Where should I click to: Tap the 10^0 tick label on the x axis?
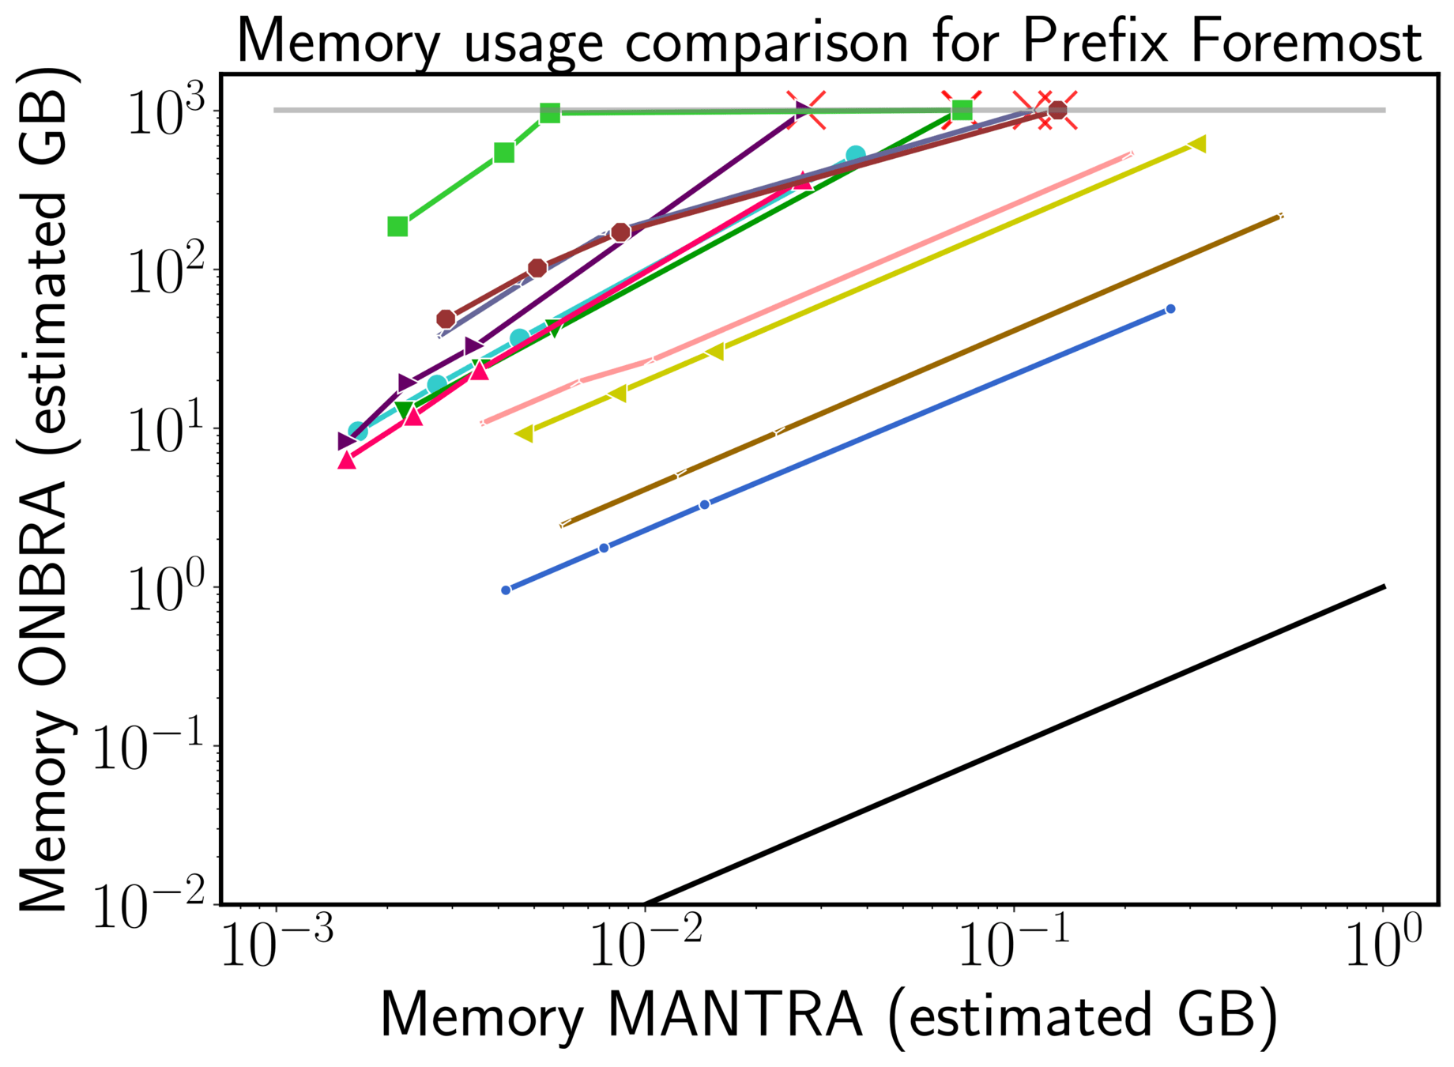1383,945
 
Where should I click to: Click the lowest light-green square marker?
397,227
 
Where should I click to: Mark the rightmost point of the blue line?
1170,309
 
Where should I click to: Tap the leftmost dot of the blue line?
506,590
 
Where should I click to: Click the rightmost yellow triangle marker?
1197,144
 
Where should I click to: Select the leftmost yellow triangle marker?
524,434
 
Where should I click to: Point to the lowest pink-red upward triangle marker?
346,460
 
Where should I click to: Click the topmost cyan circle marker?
855,156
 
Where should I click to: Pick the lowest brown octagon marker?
446,319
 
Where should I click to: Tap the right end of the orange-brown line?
1280,215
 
